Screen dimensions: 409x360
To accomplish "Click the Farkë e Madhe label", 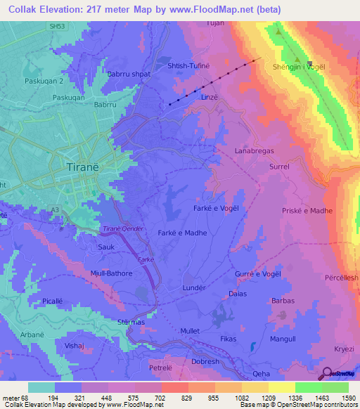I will click(x=180, y=233).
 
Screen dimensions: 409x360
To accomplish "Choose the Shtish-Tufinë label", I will click(x=188, y=65).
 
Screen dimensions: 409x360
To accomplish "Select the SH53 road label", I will click(x=68, y=25).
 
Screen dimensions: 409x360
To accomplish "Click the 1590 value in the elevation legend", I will click(x=348, y=397).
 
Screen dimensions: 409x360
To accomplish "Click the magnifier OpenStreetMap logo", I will click(x=326, y=374).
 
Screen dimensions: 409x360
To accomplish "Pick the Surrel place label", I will click(x=279, y=167).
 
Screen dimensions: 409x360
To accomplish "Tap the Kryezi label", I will click(x=345, y=349).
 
